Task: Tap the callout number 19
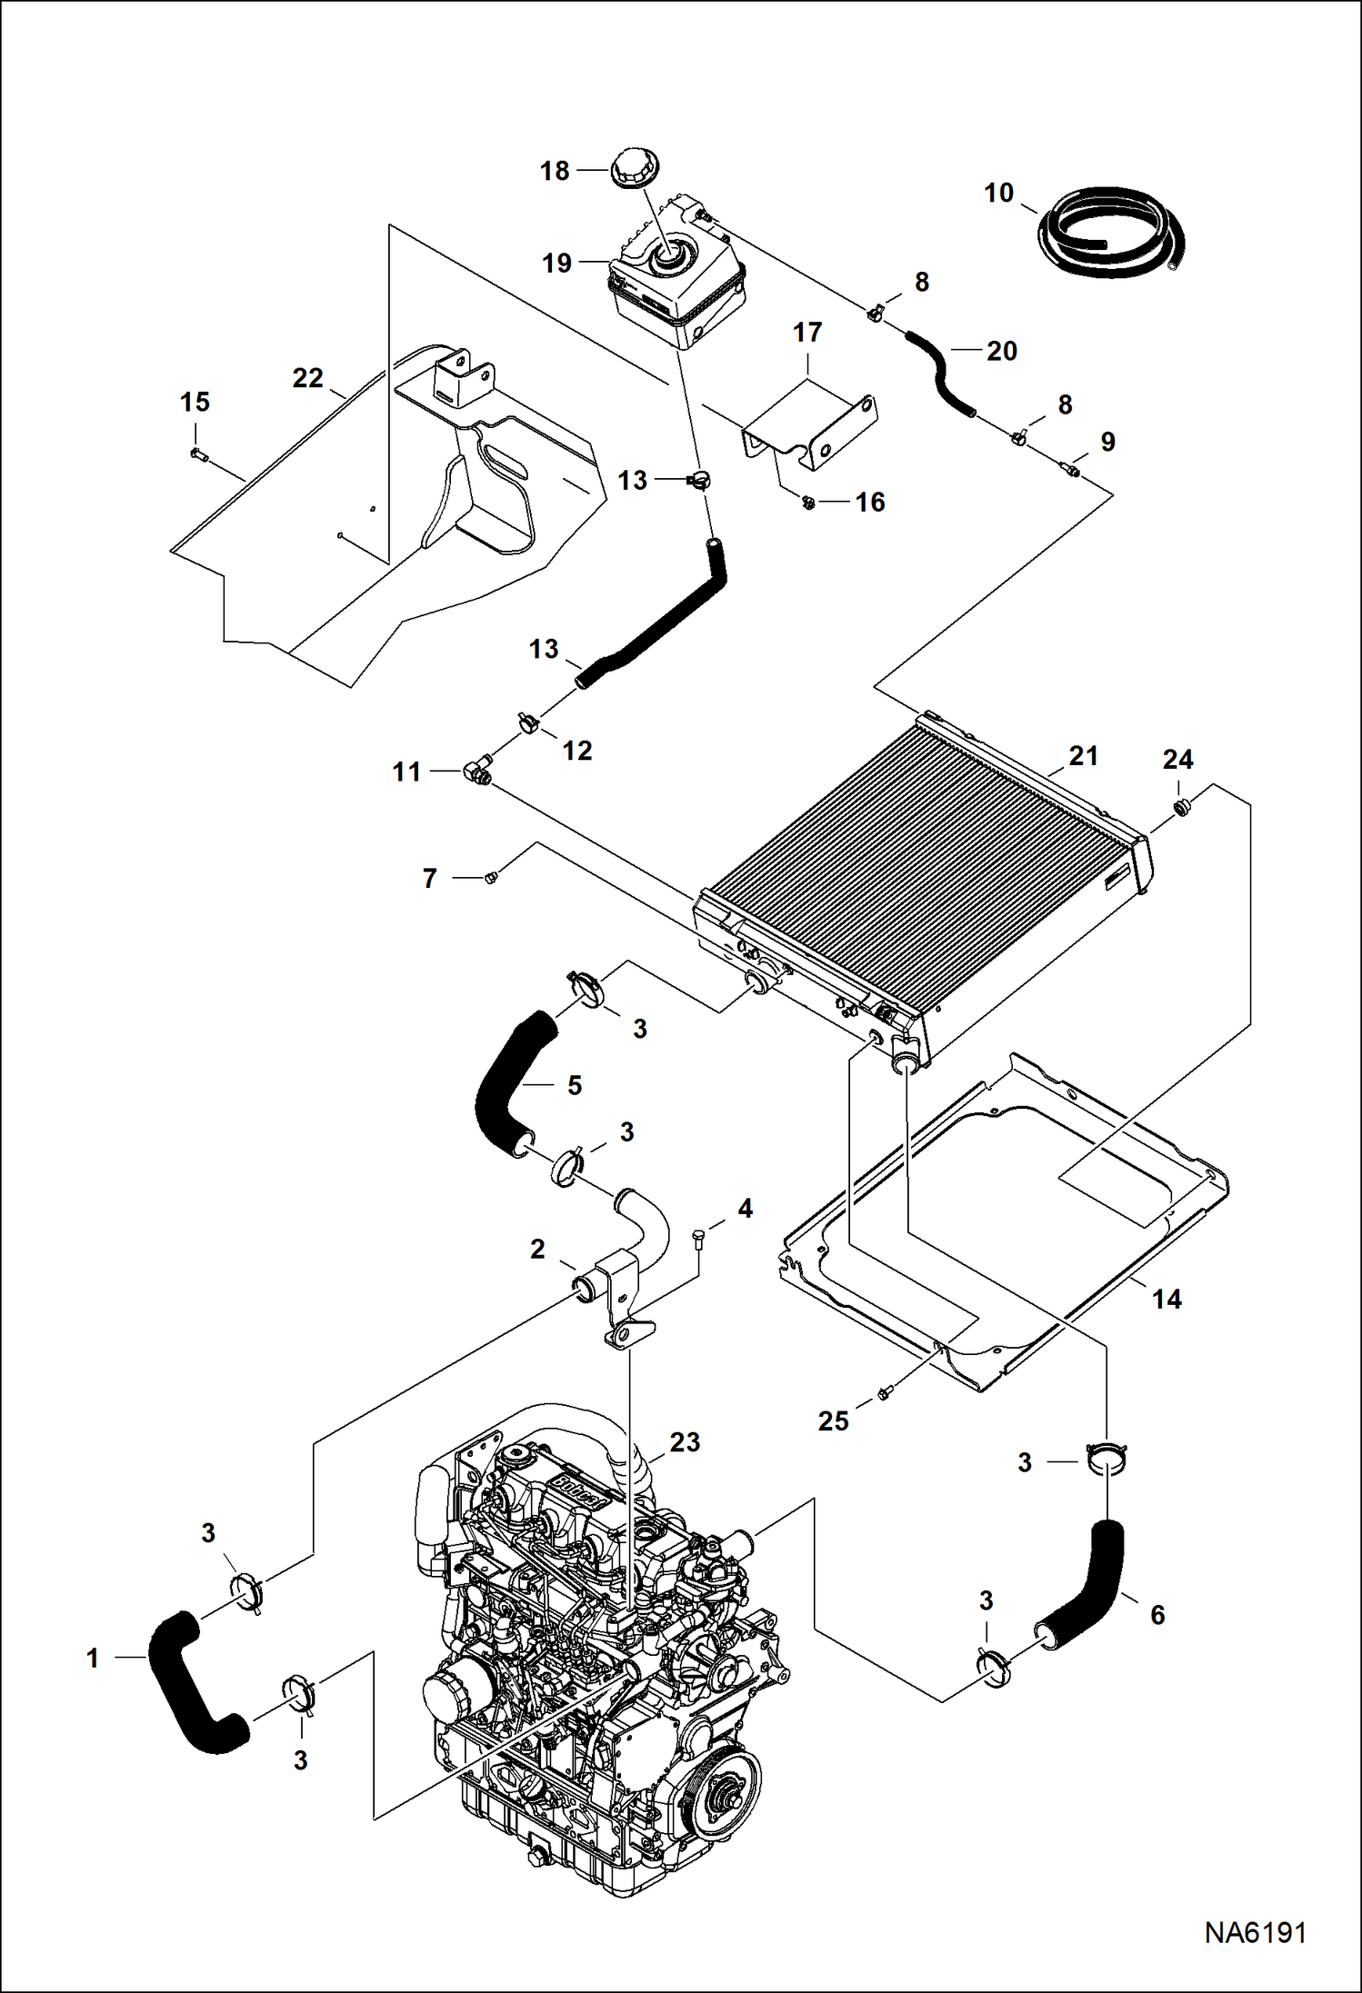pos(556,264)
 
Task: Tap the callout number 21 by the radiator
pos(1083,755)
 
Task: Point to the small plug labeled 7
pos(491,876)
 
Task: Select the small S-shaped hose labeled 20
pos(940,374)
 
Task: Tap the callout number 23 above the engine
pos(685,1442)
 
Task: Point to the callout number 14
pos(1167,1299)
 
